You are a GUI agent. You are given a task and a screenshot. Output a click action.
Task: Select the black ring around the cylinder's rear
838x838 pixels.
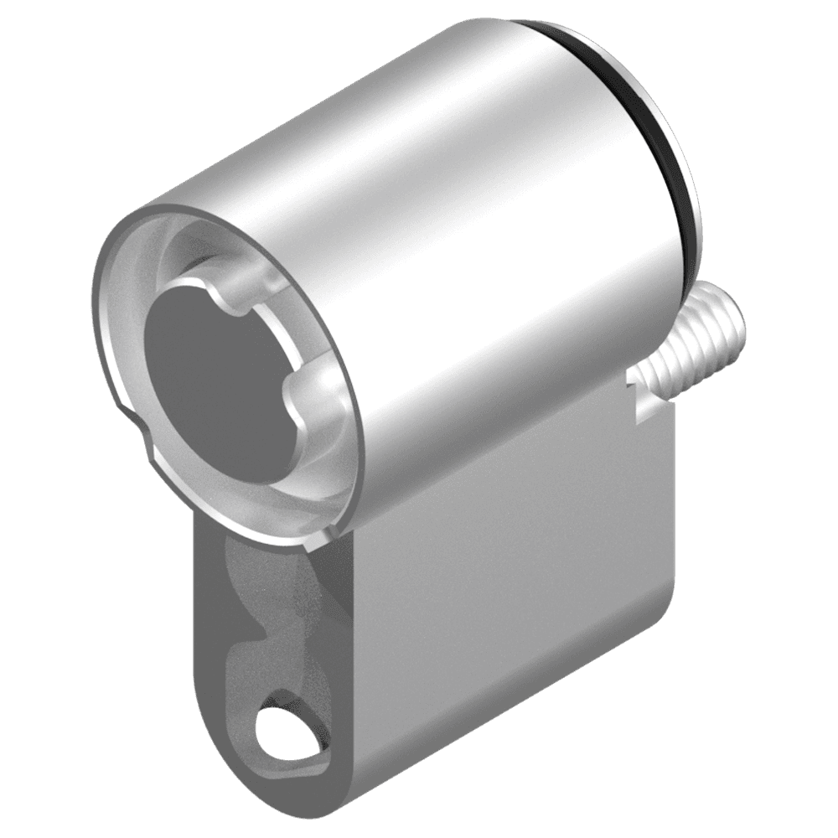tap(662, 126)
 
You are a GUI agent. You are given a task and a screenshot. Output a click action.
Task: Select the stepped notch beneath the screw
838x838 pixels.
tap(641, 398)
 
